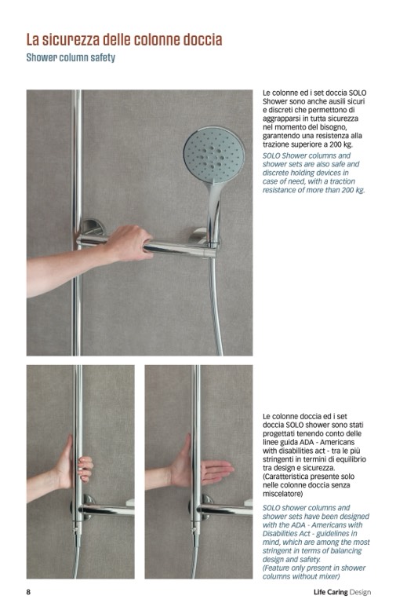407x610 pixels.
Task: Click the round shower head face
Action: pyautogui.click(x=214, y=155)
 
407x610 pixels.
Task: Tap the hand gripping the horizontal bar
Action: pyautogui.click(x=130, y=243)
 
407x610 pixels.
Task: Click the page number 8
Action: pyautogui.click(x=28, y=592)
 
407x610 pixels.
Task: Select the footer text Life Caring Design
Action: pyautogui.click(x=342, y=592)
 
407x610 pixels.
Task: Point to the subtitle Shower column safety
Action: pyautogui.click(x=71, y=57)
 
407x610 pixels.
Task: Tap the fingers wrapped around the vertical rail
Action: pyautogui.click(x=85, y=469)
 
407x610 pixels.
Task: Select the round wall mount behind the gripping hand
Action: pyautogui.click(x=92, y=227)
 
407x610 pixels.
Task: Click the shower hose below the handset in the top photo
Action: pyautogui.click(x=216, y=304)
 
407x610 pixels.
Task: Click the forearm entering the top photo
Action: pyautogui.click(x=66, y=268)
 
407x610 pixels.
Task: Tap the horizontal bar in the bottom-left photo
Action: pyautogui.click(x=107, y=510)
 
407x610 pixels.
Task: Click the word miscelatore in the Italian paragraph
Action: pyautogui.click(x=282, y=493)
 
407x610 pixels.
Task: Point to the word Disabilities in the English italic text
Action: pyautogui.click(x=280, y=533)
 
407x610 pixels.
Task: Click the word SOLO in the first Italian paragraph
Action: pyautogui.click(x=358, y=93)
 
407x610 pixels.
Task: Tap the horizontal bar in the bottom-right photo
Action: pyautogui.click(x=225, y=510)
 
